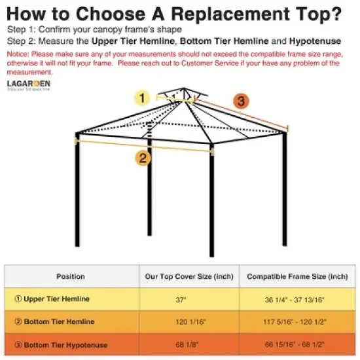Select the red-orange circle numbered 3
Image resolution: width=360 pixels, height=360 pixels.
click(x=241, y=101)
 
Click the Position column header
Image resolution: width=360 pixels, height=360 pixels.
click(x=71, y=277)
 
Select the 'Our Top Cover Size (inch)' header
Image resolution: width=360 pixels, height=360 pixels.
click(x=189, y=277)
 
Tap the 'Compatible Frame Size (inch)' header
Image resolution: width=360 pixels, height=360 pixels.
click(x=297, y=277)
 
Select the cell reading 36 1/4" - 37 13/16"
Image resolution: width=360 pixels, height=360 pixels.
click(x=297, y=299)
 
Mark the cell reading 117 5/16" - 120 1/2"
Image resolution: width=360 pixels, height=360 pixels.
click(x=297, y=322)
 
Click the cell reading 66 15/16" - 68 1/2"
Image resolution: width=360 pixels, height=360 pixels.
click(x=297, y=345)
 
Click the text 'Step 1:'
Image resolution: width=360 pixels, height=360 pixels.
click(x=20, y=30)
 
